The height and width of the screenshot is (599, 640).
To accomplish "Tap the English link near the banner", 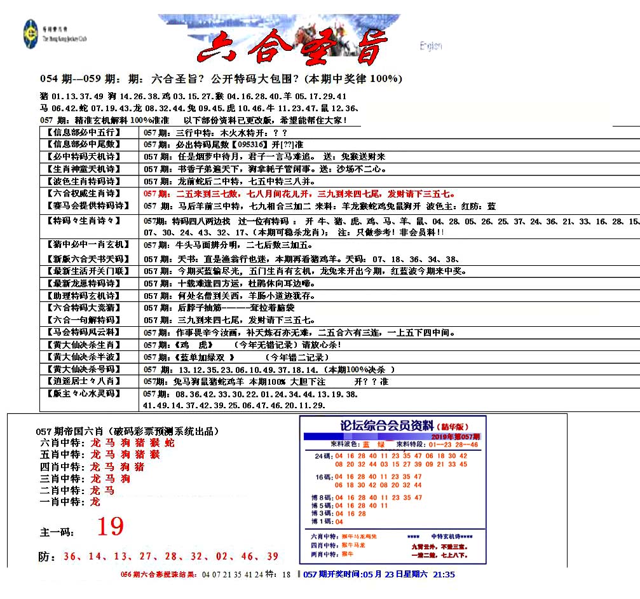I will (x=430, y=46).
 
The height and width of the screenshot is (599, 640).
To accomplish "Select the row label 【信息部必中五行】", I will (x=88, y=133).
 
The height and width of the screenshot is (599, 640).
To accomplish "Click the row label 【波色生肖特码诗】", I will (x=88, y=181).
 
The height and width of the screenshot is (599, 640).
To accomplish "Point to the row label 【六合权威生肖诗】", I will (x=88, y=193).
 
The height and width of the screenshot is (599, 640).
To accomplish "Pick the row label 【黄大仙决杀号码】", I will (x=88, y=369).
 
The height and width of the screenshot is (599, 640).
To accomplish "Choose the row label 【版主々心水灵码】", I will (x=88, y=394).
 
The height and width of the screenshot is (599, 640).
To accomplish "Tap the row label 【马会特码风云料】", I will (x=88, y=332).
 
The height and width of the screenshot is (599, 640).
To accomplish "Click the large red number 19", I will (x=110, y=527).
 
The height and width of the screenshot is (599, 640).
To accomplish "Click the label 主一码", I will (x=57, y=531).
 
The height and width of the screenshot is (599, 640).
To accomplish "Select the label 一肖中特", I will (x=62, y=502).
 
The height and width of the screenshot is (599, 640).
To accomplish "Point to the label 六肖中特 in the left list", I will (x=62, y=443).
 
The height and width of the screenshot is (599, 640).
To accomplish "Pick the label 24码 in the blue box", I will (x=322, y=456).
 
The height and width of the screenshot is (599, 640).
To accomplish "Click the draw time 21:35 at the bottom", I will (x=443, y=574).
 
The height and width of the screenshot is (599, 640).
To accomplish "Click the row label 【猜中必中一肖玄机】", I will (x=88, y=245).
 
